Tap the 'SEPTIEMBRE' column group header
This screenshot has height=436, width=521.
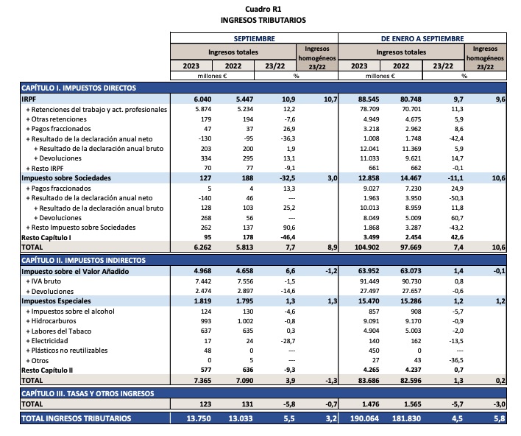pos(254,38)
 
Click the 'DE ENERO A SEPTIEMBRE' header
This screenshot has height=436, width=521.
pos(422,38)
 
